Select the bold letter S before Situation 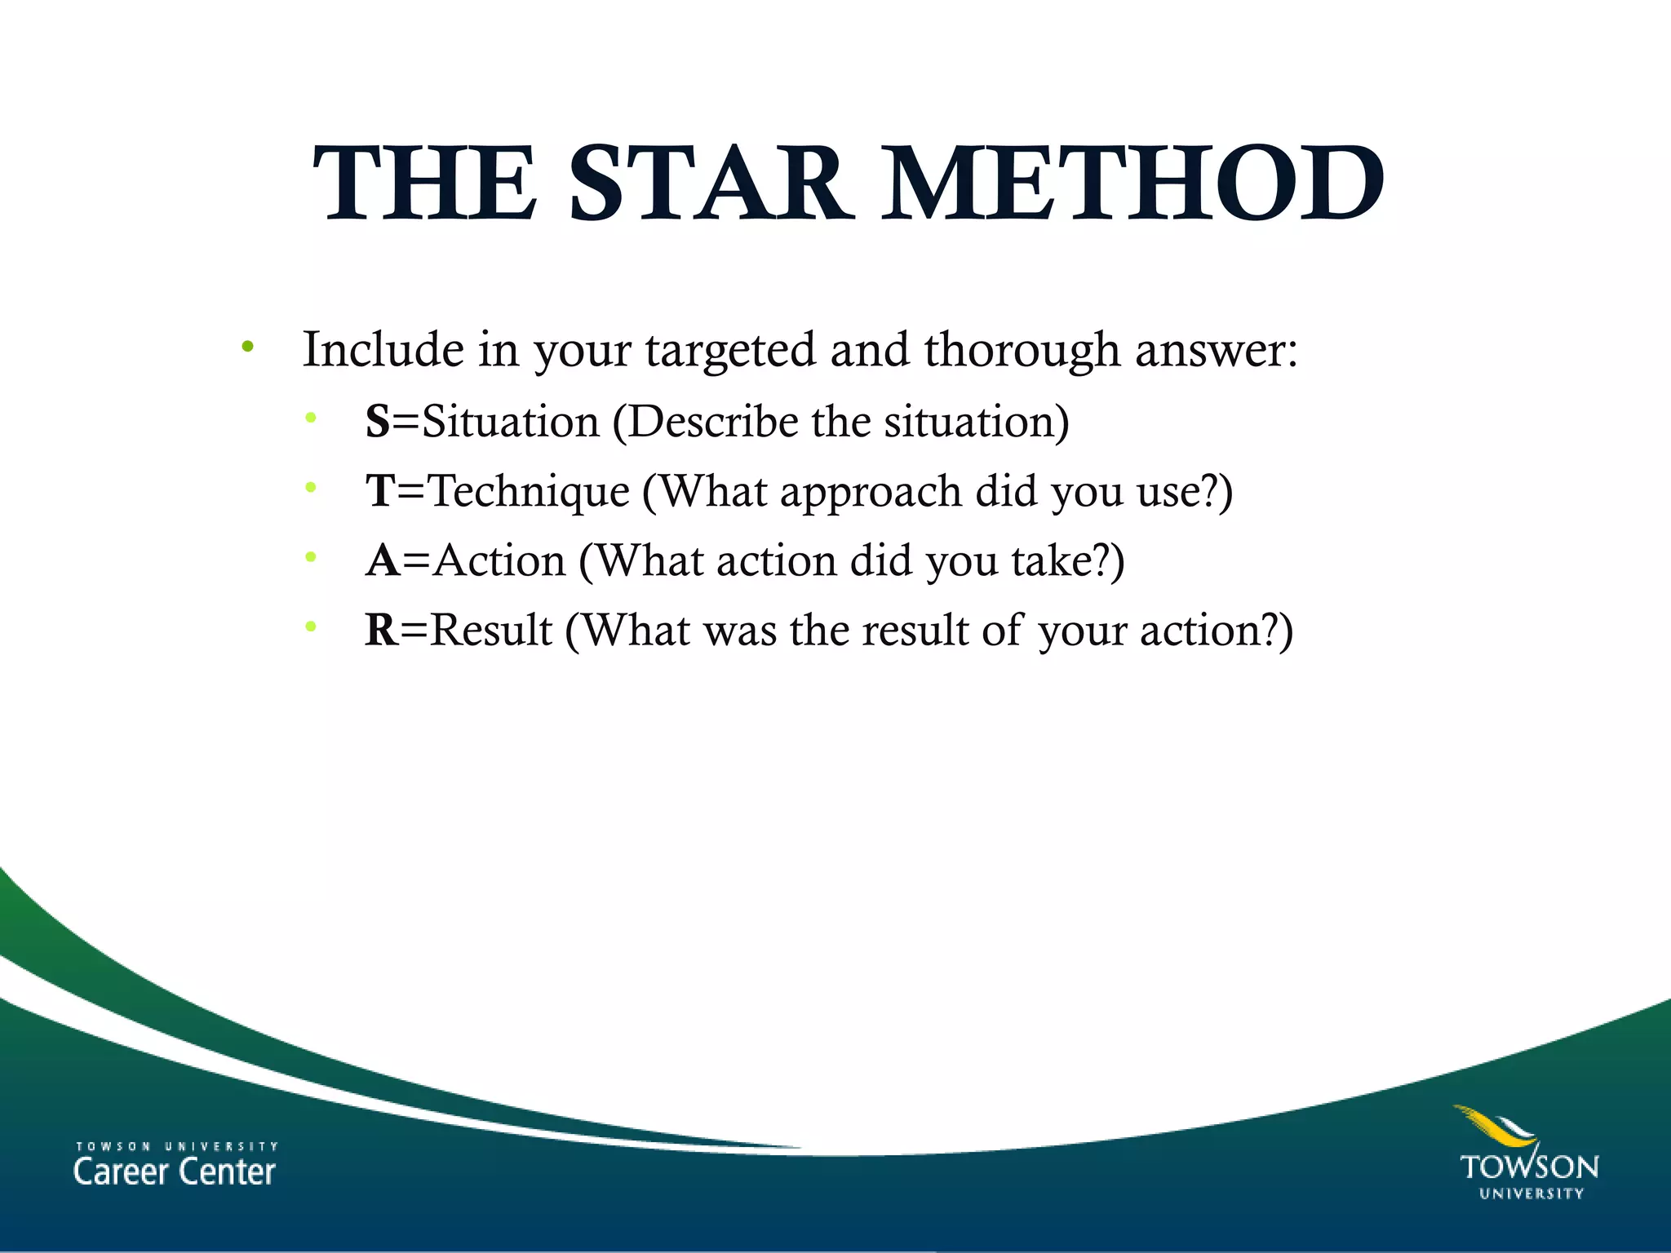click(378, 422)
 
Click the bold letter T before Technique click(380, 491)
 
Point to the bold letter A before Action click(383, 560)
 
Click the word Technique click(530, 491)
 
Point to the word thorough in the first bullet click(1022, 351)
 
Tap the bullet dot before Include click(247, 348)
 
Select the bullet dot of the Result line click(310, 627)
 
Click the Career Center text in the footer click(175, 1171)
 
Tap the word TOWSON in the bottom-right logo click(1529, 1167)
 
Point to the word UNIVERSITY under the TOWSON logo click(1531, 1193)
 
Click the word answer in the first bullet click(1216, 351)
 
